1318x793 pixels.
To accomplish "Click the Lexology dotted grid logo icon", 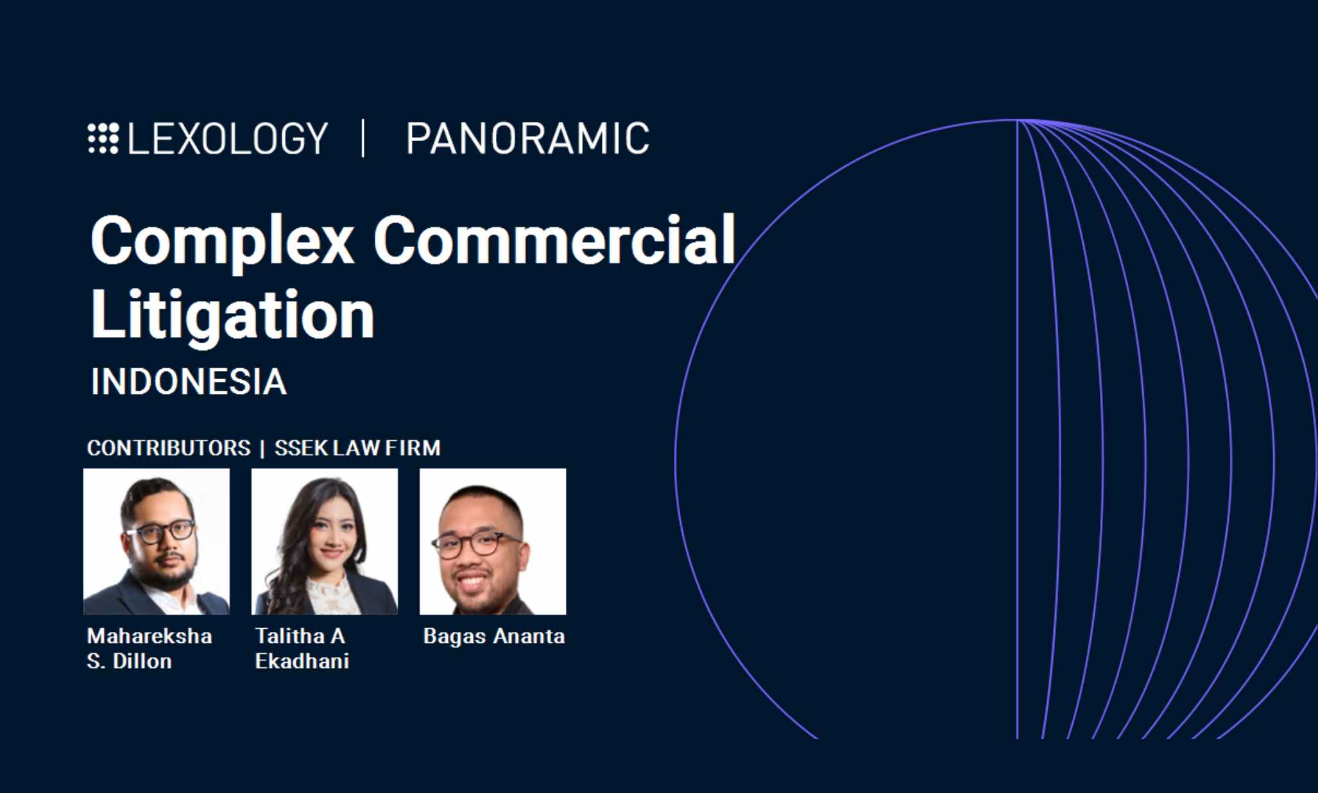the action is [103, 138].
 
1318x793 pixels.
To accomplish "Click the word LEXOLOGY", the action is [228, 139].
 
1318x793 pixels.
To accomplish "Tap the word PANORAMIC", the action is [527, 139].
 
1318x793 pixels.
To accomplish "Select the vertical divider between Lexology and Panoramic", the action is [364, 138].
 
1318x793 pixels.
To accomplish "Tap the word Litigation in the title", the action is [232, 316].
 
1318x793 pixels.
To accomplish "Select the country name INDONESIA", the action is [189, 382].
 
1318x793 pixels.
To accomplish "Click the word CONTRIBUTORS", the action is [169, 448].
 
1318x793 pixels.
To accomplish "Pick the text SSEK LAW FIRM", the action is [357, 448].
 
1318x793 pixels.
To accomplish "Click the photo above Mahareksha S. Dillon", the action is [157, 541].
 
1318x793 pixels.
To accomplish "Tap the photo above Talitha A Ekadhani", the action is [325, 541].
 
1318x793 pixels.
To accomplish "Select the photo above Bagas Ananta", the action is [493, 541].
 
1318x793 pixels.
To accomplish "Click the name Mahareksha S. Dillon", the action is [150, 649].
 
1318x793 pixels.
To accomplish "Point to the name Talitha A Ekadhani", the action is [302, 649].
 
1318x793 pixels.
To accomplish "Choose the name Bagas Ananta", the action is [494, 636].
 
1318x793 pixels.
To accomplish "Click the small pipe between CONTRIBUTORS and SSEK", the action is [262, 448].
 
